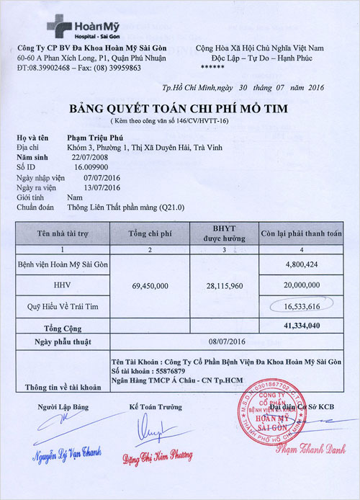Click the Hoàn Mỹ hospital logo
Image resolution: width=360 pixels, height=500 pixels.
point(78,27)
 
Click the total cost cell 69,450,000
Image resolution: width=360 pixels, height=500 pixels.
point(151,286)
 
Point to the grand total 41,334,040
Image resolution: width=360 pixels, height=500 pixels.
point(301,325)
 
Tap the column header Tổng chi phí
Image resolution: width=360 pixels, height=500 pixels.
point(150,233)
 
